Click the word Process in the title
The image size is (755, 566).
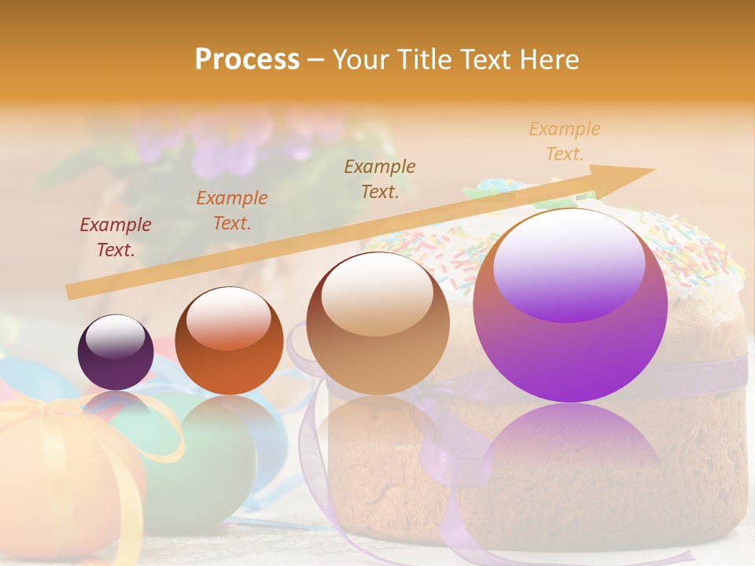point(247,59)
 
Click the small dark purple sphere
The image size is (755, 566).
point(116,352)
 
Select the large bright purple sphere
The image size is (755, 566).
point(570,307)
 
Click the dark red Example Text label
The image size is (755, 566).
point(116,237)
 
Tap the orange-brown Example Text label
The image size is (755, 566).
point(232,211)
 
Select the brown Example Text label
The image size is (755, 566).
point(380,178)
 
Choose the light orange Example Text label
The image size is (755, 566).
point(565,141)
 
